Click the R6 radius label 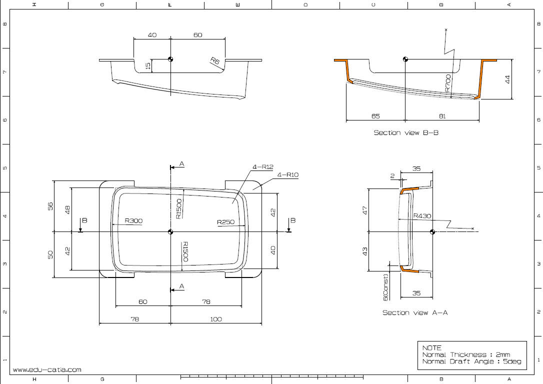coord(215,61)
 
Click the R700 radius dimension coord(448,83)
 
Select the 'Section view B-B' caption coord(406,132)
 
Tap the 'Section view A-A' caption coord(415,312)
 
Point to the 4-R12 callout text coord(263,167)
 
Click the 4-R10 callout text coord(288,175)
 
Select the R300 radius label coord(133,221)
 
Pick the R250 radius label coord(226,222)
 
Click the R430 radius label coord(422,216)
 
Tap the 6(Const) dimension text coord(385,287)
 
